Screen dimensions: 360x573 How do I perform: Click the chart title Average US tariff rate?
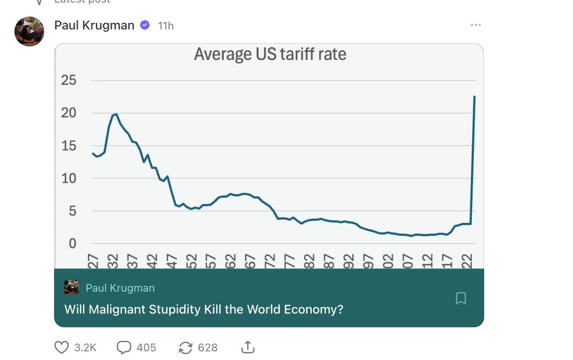[270, 54]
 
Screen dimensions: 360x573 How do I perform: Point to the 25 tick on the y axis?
[69, 80]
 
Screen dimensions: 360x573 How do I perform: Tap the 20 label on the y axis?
[69, 113]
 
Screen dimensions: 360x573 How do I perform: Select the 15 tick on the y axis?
[69, 146]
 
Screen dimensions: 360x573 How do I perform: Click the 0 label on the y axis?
[72, 244]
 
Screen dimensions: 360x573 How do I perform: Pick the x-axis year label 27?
[93, 261]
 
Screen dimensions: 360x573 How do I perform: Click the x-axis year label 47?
[171, 261]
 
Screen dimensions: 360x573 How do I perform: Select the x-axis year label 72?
[270, 261]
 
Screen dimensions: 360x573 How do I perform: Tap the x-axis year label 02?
[388, 261]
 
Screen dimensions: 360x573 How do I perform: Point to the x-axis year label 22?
[467, 261]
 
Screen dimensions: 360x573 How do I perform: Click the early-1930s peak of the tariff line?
[116, 114]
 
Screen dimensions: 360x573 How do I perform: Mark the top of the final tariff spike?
[474, 97]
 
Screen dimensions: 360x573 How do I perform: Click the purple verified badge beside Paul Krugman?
[145, 25]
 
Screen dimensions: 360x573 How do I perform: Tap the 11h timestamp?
[166, 26]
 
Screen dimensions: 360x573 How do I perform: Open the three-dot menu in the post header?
[476, 25]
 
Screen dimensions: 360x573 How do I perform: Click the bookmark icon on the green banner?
[461, 298]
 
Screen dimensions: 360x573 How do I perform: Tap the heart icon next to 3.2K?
[61, 347]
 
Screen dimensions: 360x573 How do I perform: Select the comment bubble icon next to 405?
[124, 347]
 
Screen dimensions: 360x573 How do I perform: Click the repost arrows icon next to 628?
[186, 347]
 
